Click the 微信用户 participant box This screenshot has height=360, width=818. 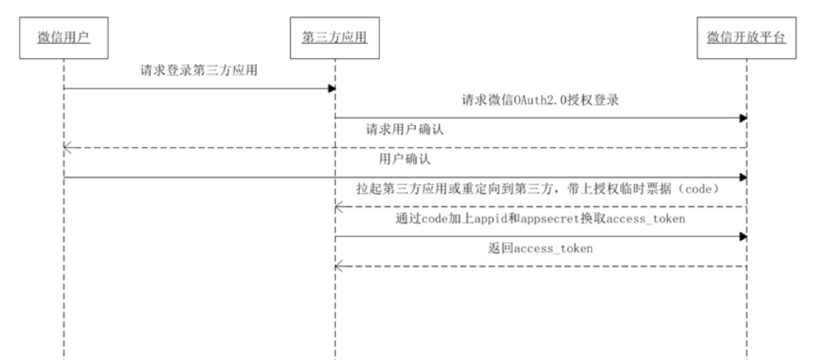[63, 37]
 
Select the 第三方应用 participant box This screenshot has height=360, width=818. [335, 37]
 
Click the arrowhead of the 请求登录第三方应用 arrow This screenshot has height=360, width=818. [331, 88]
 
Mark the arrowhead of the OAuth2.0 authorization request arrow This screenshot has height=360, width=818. [743, 118]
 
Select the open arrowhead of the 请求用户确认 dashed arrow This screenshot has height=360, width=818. [68, 148]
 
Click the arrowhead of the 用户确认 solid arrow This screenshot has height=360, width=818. [743, 177]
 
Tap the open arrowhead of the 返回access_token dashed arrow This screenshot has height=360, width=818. [339, 267]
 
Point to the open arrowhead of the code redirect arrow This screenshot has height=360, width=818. [339, 207]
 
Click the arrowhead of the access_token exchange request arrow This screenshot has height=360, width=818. [743, 236]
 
